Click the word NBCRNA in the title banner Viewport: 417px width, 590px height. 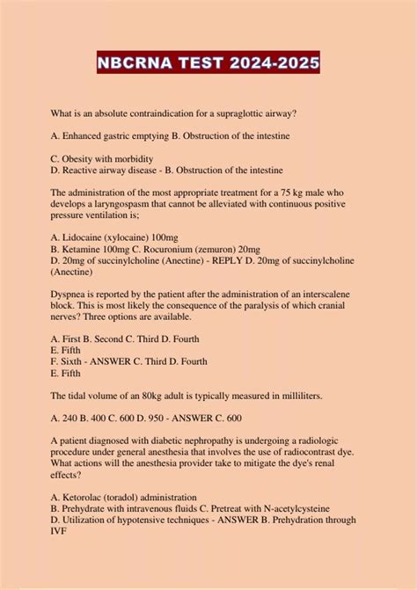(x=143, y=64)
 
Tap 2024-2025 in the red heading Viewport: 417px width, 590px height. (x=273, y=64)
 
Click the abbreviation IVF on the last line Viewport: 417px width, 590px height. (x=60, y=530)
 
